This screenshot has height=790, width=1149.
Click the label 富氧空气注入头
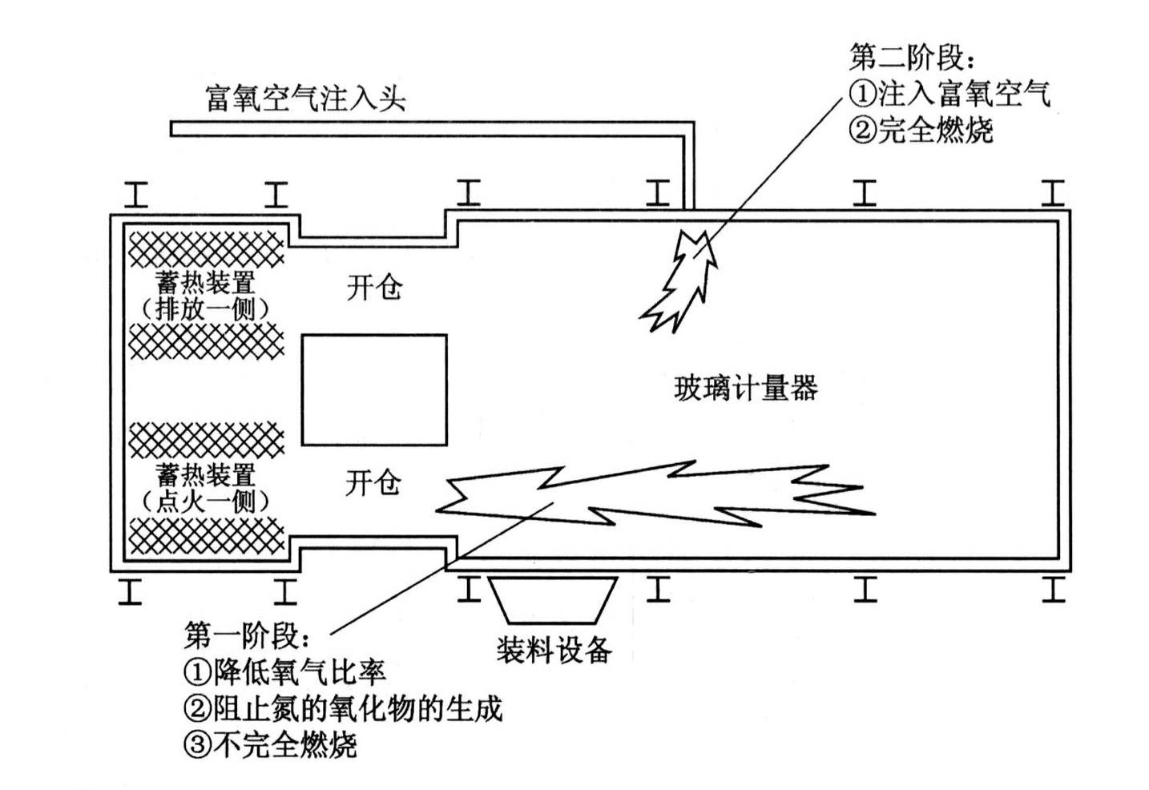point(305,98)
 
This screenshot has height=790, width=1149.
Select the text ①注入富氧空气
point(949,94)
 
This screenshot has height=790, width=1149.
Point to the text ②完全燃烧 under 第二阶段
point(921,130)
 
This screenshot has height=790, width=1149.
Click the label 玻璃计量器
point(746,389)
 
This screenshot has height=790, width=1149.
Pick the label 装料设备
point(554,649)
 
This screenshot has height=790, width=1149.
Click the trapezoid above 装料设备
point(554,600)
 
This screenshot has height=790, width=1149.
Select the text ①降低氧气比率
point(285,671)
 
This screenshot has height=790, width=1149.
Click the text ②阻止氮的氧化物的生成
point(343,708)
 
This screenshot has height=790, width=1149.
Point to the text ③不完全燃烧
point(270,745)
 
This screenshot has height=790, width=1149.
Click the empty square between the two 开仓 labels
point(373,390)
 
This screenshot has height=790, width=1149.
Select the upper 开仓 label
point(373,287)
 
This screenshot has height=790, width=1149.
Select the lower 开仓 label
point(373,483)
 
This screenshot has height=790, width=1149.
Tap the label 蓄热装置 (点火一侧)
point(206,488)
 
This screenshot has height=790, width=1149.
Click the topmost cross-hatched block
point(206,248)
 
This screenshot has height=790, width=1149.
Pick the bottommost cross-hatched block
point(206,535)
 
